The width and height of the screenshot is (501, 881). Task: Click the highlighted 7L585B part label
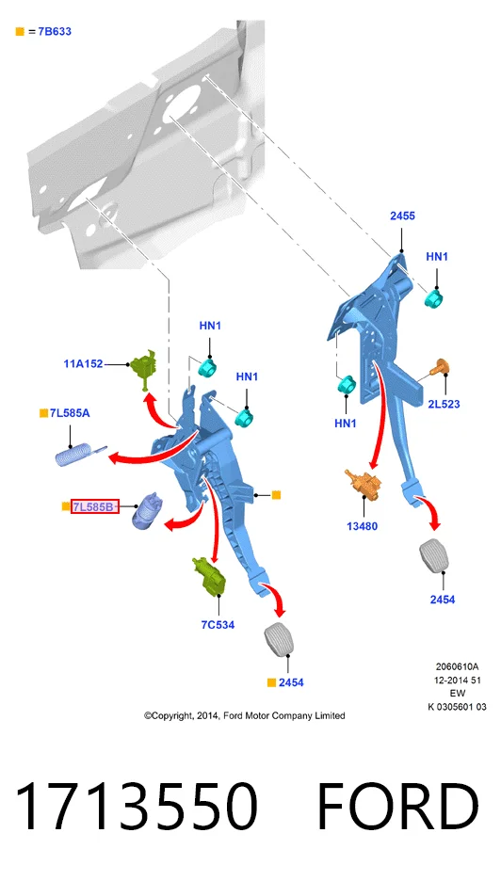pos(94,507)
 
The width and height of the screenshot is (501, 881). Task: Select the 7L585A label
pos(70,413)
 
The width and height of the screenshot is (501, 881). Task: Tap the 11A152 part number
pos(83,364)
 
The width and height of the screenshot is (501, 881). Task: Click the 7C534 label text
pos(218,625)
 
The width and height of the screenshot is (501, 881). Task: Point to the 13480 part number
pos(363,526)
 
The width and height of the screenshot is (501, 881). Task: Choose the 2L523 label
pos(444,404)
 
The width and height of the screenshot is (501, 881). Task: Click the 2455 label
pos(403,216)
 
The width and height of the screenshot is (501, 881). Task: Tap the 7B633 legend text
pos(55,31)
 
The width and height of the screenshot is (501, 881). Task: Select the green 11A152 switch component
pos(143,368)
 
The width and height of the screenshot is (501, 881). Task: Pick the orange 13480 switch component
pos(364,484)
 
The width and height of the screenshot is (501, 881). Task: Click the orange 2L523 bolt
pos(440,367)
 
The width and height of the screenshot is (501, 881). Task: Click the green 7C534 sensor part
pos(209,575)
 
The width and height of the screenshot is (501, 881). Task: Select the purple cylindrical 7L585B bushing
pos(146,510)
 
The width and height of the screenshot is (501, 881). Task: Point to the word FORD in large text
pos(398,807)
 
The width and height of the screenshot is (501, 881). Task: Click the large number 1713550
pos(136,807)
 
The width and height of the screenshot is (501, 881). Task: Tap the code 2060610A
pos(457,667)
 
